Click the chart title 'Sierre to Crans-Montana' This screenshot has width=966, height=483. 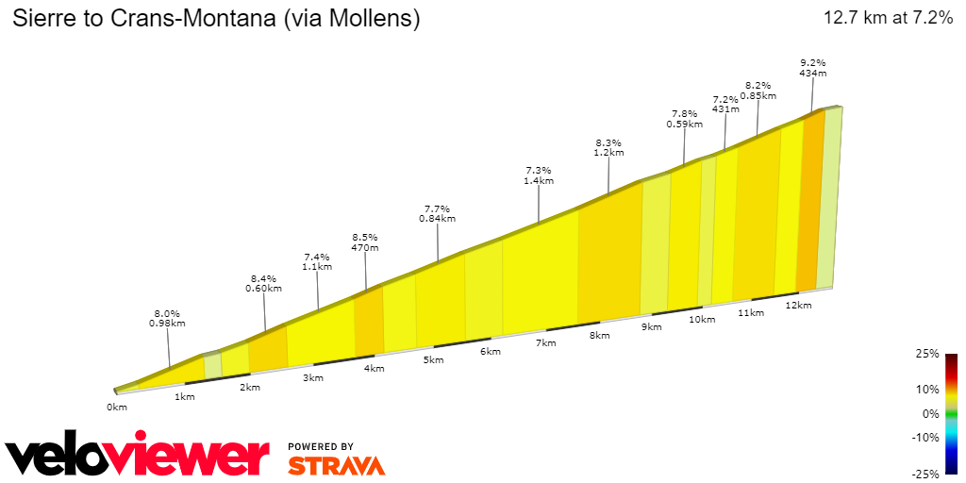pyautogui.click(x=216, y=18)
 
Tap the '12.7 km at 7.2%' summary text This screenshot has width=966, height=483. pyautogui.click(x=888, y=18)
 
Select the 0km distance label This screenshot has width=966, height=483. pyautogui.click(x=117, y=408)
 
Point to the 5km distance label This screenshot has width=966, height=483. pyautogui.click(x=433, y=360)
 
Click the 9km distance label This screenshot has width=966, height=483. pyautogui.click(x=651, y=327)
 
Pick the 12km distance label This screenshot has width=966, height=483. pyautogui.click(x=798, y=306)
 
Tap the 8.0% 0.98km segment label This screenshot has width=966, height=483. pyautogui.click(x=167, y=318)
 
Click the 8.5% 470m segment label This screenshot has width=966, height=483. pyautogui.click(x=365, y=242)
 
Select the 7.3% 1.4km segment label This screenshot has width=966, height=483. pyautogui.click(x=539, y=175)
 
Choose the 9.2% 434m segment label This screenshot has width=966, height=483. pyautogui.click(x=812, y=67)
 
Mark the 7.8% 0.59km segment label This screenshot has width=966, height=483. pyautogui.click(x=684, y=118)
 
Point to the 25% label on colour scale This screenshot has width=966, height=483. pyautogui.click(x=927, y=354)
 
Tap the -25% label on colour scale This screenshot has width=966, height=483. pyautogui.click(x=925, y=474)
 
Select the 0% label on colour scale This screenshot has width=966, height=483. pyautogui.click(x=930, y=413)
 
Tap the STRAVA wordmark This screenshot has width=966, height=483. pyautogui.click(x=336, y=466)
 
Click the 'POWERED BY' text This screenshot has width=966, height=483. pyautogui.click(x=321, y=446)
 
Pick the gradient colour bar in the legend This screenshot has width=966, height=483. pyautogui.click(x=952, y=413)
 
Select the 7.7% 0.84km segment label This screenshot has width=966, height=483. pyautogui.click(x=437, y=213)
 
